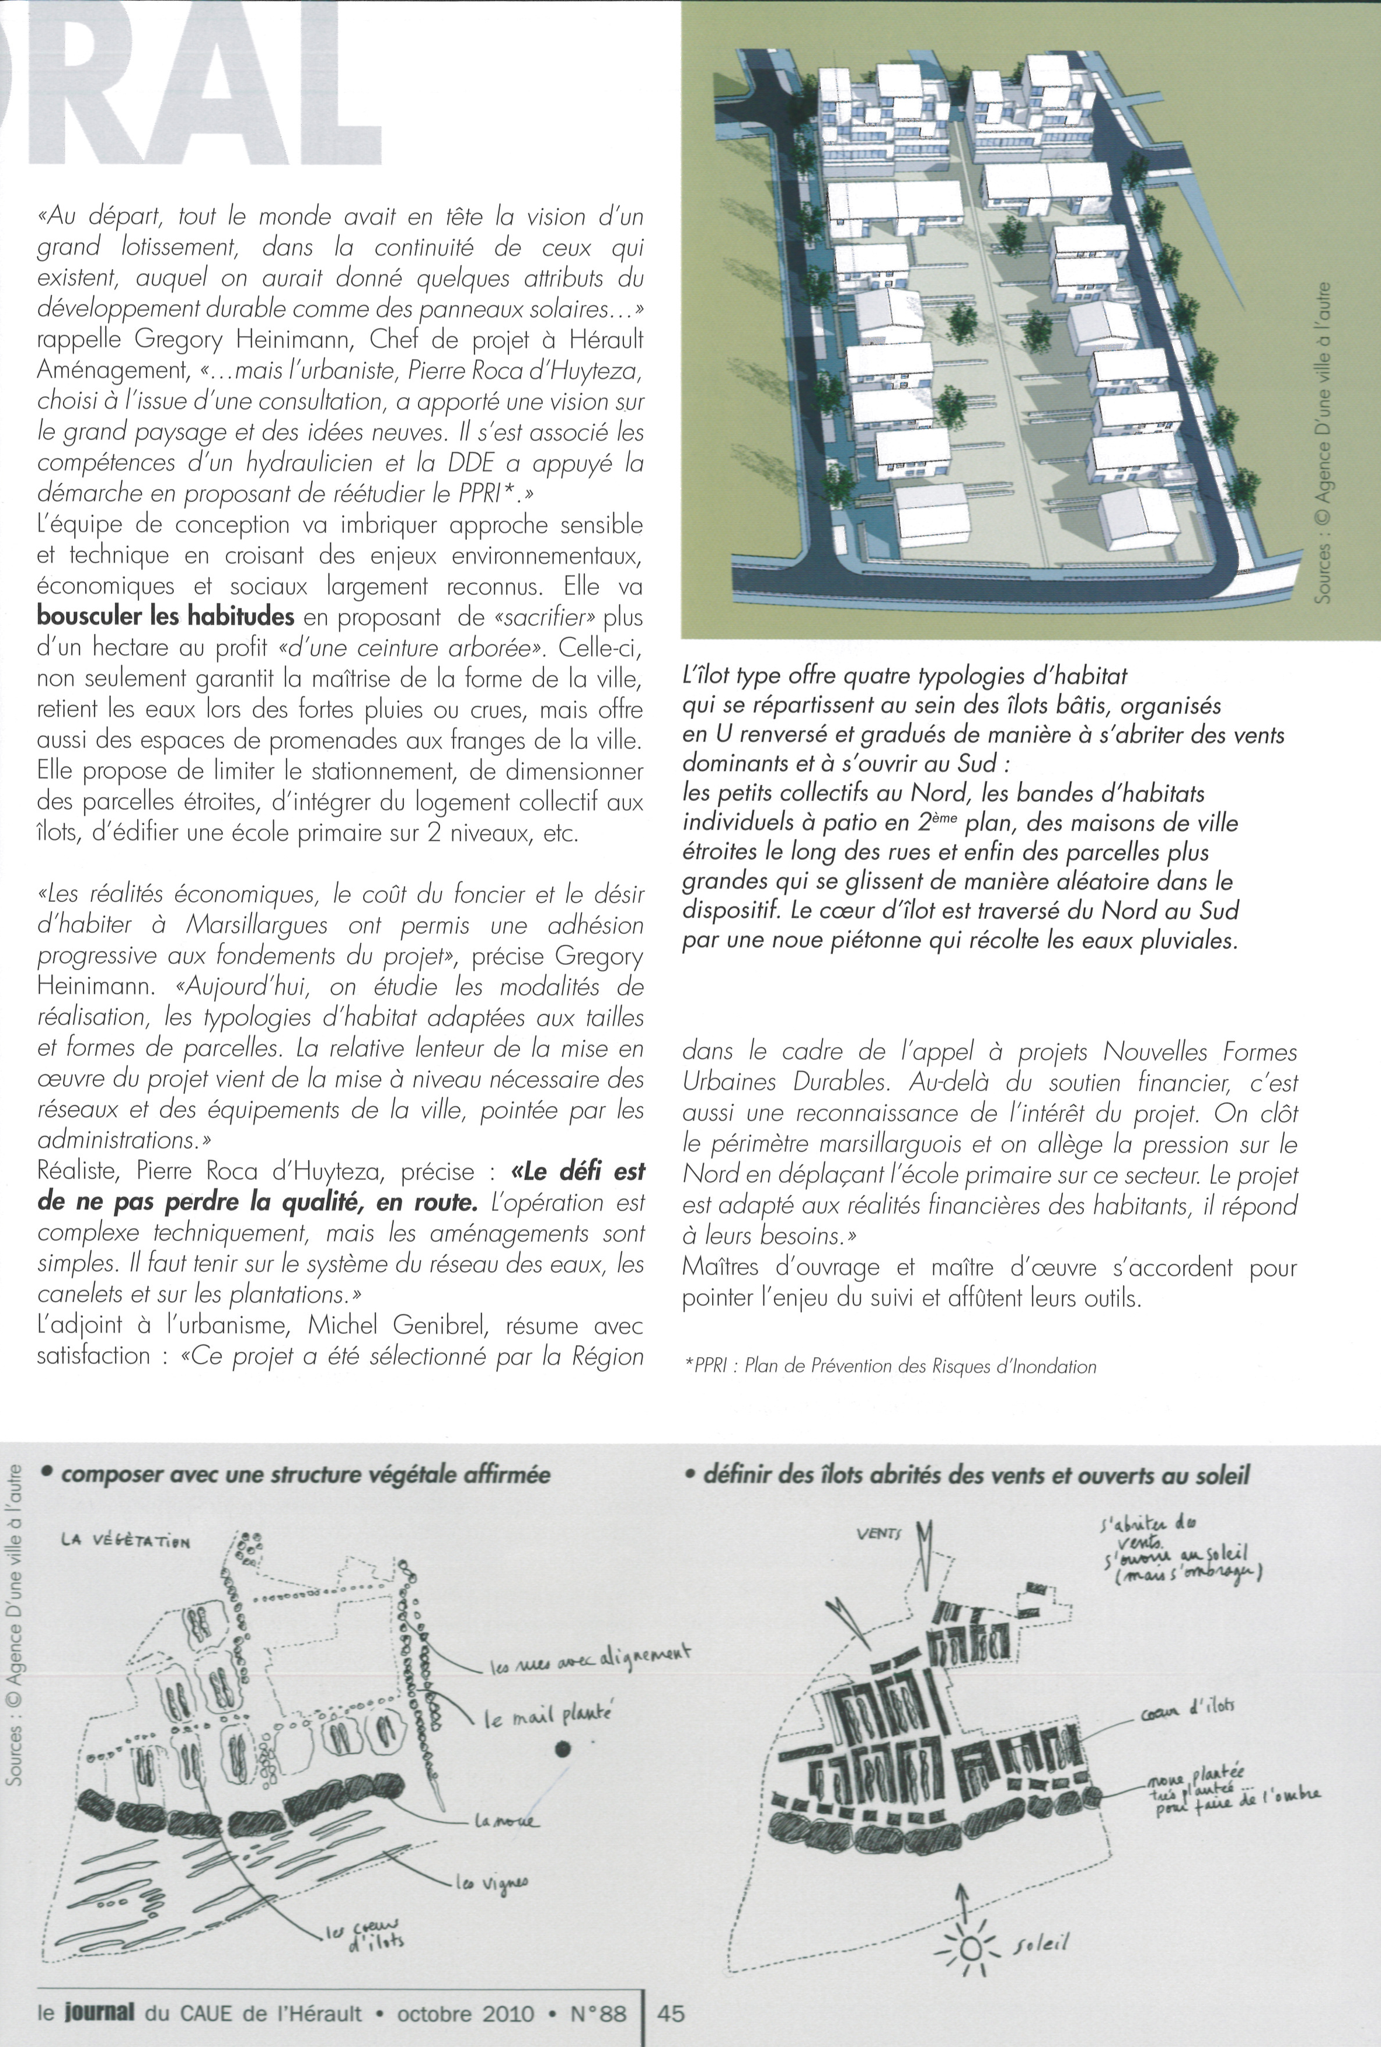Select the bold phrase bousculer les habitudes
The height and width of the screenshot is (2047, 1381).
(166, 616)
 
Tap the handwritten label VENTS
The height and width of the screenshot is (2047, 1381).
(879, 1533)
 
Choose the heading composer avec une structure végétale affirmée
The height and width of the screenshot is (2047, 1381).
(305, 1474)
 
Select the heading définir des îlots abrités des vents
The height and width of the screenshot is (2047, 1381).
(976, 1474)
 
